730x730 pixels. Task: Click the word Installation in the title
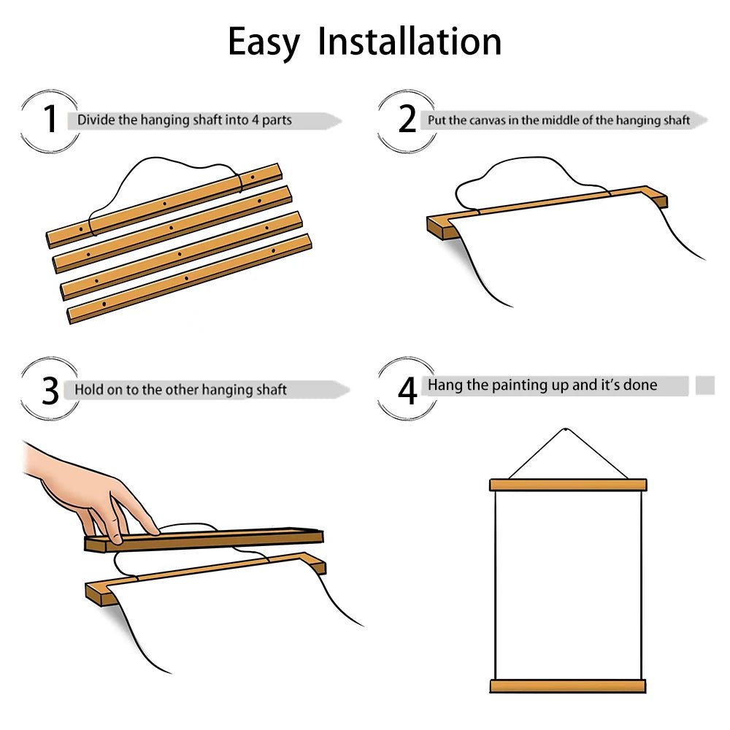[410, 42]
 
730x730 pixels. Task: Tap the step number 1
[50, 119]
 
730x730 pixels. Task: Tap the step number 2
[407, 119]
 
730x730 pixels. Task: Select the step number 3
[50, 390]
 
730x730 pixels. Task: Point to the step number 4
[407, 390]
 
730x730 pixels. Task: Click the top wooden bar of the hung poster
[568, 485]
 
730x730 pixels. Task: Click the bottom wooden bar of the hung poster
[568, 685]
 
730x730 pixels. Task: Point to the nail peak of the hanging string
[566, 429]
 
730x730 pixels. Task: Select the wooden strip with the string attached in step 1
[164, 205]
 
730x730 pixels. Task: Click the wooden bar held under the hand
[204, 540]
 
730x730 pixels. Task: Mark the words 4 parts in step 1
[272, 120]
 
